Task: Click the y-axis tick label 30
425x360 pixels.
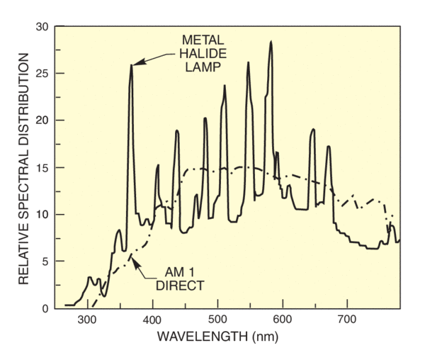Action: pyautogui.click(x=42, y=27)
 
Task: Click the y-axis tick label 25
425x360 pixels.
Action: pyautogui.click(x=42, y=74)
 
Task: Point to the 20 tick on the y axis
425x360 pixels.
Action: pyautogui.click(x=42, y=120)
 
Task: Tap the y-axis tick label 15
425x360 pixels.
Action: pyautogui.click(x=42, y=168)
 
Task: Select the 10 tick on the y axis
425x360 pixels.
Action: pyautogui.click(x=42, y=215)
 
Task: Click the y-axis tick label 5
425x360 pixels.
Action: pyautogui.click(x=46, y=261)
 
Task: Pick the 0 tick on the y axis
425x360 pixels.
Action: pyautogui.click(x=46, y=308)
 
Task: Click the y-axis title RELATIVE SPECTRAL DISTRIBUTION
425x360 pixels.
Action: pyautogui.click(x=23, y=167)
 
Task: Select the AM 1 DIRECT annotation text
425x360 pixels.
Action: pyautogui.click(x=180, y=280)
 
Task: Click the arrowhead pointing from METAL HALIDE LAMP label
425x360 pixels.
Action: pyautogui.click(x=135, y=64)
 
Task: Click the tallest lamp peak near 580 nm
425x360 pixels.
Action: pyautogui.click(x=271, y=42)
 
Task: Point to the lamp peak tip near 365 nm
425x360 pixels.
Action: pyautogui.click(x=131, y=66)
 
